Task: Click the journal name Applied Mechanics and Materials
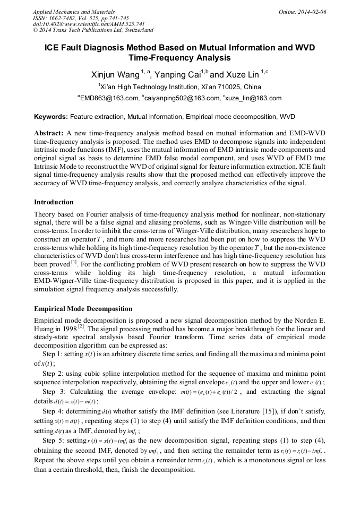pyautogui.click(x=74, y=12)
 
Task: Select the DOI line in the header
pyautogui.click(x=89, y=24)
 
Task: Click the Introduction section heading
pyautogui.click(x=54, y=202)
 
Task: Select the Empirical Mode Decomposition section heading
pyautogui.click(x=83, y=308)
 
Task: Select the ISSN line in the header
pyautogui.click(x=81, y=18)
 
